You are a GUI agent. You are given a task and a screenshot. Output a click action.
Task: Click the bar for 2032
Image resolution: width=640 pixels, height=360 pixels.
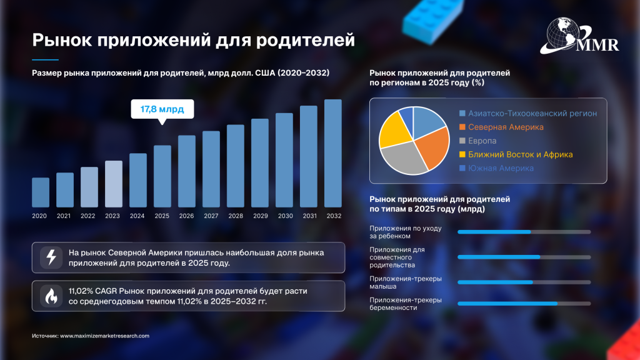pos(333,153)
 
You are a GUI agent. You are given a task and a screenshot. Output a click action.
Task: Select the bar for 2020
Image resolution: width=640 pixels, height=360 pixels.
pos(41,192)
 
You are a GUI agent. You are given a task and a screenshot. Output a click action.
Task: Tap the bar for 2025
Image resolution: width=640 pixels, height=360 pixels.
pos(162,176)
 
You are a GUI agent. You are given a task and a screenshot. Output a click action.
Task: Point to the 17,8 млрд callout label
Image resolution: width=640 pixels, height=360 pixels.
pos(162,109)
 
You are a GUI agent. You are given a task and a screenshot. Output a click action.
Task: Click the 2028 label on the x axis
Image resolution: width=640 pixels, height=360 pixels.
pos(236,216)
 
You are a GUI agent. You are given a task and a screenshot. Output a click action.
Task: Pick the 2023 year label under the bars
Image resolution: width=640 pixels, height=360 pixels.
pos(113,216)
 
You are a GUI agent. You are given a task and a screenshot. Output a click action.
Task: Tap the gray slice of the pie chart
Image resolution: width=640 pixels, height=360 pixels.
pos(403,159)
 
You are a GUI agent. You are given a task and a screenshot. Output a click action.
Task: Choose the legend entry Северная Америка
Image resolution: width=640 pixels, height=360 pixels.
pos(506,127)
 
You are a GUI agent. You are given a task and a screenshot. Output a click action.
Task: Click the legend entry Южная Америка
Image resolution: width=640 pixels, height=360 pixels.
pos(501,168)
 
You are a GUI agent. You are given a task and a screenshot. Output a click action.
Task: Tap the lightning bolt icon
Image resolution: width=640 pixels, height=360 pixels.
pos(51,257)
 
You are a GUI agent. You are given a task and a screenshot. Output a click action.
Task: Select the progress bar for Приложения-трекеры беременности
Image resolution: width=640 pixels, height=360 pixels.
pos(524,304)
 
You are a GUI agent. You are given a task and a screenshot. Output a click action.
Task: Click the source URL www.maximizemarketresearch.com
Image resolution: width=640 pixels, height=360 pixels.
pos(104,336)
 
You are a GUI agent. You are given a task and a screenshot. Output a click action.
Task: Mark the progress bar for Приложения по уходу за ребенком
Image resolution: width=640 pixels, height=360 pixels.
pos(524,232)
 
